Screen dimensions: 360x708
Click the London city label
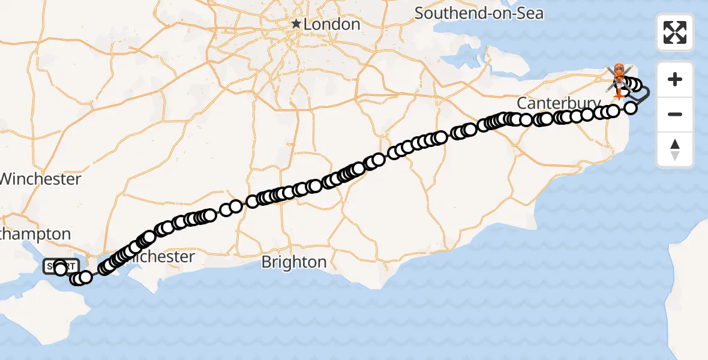(x=331, y=25)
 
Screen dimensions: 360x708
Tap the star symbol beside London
(x=296, y=25)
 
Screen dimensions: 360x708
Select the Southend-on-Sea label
(x=478, y=13)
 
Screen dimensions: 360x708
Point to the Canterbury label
(x=558, y=103)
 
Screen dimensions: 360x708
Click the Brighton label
(x=294, y=262)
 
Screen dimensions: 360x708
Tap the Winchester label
(x=41, y=179)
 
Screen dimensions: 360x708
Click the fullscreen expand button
(x=675, y=32)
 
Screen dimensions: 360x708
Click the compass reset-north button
(x=675, y=149)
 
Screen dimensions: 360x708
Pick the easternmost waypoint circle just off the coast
(x=631, y=108)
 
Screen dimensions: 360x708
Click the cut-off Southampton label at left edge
(x=36, y=234)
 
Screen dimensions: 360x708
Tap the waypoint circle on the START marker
(x=60, y=269)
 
